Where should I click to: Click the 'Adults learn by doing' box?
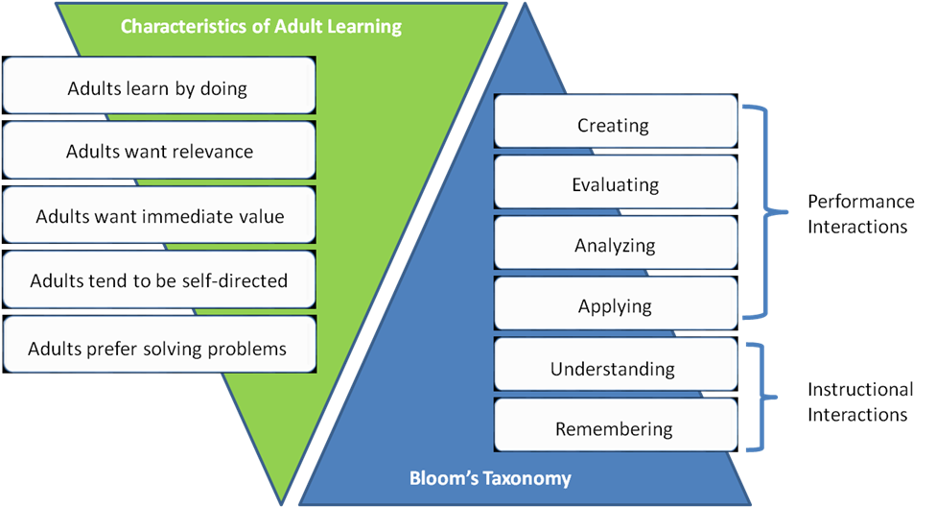tap(158, 88)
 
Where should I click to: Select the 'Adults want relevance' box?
tap(158, 152)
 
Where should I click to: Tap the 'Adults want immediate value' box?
tap(158, 216)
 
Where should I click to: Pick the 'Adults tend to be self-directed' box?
tap(158, 280)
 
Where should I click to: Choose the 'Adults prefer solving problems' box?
tap(158, 348)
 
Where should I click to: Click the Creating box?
tap(614, 125)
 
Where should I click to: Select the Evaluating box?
tap(614, 184)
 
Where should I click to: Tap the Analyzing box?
tap(614, 245)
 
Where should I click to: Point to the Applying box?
tap(614, 306)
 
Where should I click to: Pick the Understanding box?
tap(614, 369)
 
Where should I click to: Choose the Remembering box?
tap(614, 428)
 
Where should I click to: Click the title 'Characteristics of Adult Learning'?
tap(261, 26)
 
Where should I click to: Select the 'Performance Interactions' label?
tap(860, 212)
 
